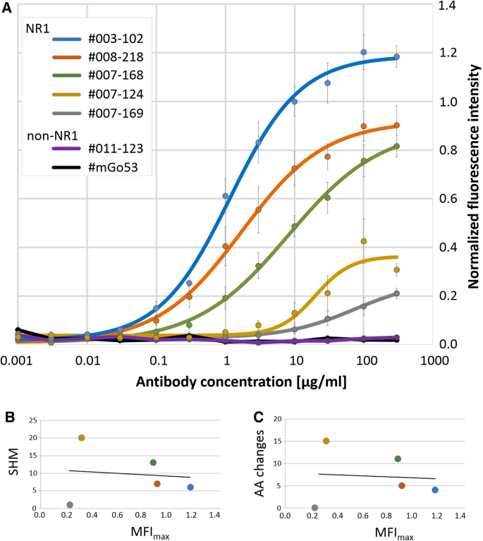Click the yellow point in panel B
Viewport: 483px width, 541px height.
click(82, 438)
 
